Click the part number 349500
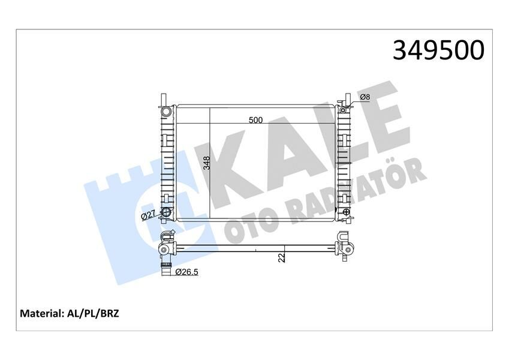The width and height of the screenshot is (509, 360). pyautogui.click(x=438, y=50)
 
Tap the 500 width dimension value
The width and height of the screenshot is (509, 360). pyautogui.click(x=256, y=120)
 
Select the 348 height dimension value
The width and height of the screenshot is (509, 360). pyautogui.click(x=206, y=163)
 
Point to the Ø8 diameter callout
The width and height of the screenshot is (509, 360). pyautogui.click(x=365, y=98)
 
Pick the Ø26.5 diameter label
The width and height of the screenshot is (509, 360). pyautogui.click(x=188, y=272)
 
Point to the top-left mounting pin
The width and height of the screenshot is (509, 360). pyautogui.click(x=162, y=98)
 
